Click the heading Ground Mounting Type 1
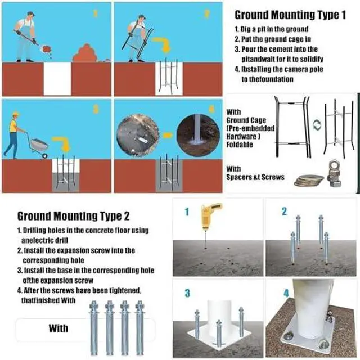click(290, 15)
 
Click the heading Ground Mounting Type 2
click(74, 216)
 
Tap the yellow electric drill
click(209, 216)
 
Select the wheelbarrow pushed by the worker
click(39, 147)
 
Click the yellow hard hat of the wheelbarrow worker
click(16, 114)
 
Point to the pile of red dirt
click(85, 53)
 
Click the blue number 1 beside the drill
click(187, 211)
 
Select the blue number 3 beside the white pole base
click(187, 294)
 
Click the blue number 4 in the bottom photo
click(286, 293)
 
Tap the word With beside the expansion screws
click(58, 328)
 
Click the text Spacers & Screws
click(255, 177)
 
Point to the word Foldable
click(240, 145)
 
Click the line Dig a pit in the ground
click(272, 29)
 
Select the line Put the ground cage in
click(273, 39)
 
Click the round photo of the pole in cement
click(198, 136)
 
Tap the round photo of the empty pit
click(138, 135)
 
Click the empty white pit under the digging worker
click(57, 79)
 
